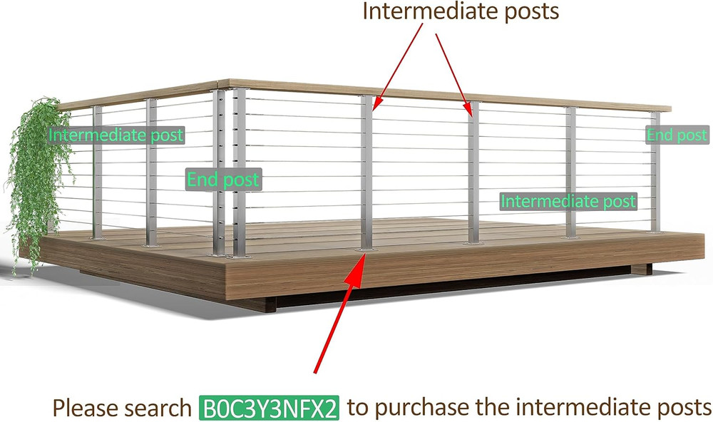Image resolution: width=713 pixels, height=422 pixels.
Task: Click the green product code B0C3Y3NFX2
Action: (x=269, y=408)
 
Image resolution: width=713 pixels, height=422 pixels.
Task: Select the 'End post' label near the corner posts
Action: (x=224, y=180)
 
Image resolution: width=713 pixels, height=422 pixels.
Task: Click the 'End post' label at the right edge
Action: (x=677, y=135)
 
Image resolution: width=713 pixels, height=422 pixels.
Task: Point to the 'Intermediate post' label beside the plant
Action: (x=116, y=135)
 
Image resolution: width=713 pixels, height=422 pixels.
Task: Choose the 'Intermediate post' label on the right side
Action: (x=568, y=201)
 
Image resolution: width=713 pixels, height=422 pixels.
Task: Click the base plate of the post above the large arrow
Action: (x=367, y=249)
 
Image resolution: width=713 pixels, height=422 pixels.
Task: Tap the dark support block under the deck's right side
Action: (x=641, y=269)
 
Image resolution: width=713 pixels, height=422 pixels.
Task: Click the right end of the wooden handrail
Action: (x=670, y=108)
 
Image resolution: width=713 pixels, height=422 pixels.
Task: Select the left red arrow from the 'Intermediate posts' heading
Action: (x=397, y=67)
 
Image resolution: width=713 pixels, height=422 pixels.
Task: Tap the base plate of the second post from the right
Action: (x=571, y=237)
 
